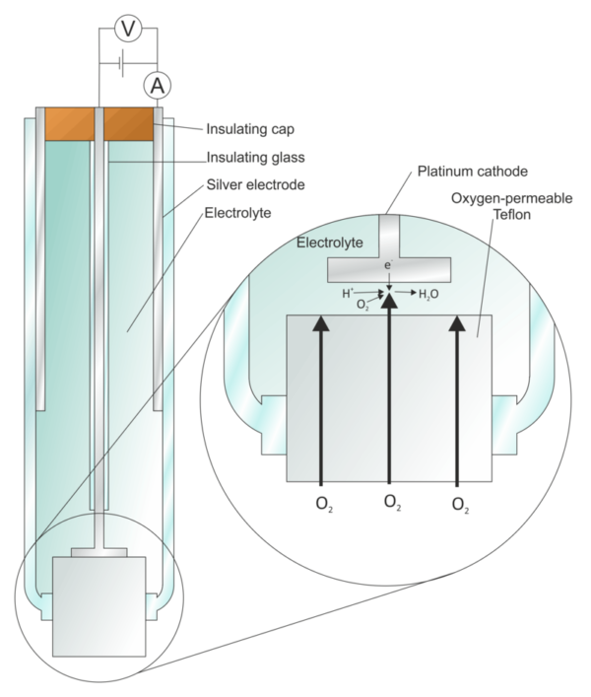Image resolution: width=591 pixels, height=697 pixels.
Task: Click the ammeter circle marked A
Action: (x=157, y=86)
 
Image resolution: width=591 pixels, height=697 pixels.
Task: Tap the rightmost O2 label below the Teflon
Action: (x=457, y=504)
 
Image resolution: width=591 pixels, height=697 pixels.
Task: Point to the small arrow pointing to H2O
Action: (x=408, y=293)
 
